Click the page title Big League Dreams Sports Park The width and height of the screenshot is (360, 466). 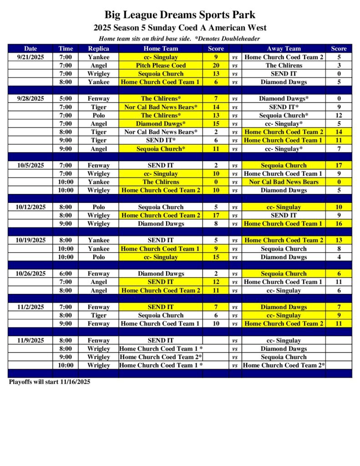point(180,15)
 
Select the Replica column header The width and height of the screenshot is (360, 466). point(99,49)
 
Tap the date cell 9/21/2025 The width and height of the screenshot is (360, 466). point(30,57)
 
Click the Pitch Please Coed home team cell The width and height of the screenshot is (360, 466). point(161,66)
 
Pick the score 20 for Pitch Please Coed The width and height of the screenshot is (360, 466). point(216,66)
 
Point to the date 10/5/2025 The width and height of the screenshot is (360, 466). point(30,166)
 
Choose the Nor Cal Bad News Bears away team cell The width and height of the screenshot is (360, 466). point(284,182)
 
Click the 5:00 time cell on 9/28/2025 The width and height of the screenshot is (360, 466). point(65,99)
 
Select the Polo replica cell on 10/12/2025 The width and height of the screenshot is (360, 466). point(99,207)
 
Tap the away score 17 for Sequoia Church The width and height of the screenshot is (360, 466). point(339,166)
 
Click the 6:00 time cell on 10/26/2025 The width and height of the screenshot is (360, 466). point(65,274)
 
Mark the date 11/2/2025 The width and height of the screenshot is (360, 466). point(30,307)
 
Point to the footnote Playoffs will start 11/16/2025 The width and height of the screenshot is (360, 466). point(50,382)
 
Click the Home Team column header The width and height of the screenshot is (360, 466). point(161,49)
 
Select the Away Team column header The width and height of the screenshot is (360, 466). point(284,49)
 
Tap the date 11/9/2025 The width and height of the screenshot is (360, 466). point(30,340)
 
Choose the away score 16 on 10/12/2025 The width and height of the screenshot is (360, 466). point(339,224)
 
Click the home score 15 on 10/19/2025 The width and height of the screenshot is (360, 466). point(216,257)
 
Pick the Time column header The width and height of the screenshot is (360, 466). point(65,49)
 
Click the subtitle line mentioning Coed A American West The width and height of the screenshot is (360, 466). point(180,28)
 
